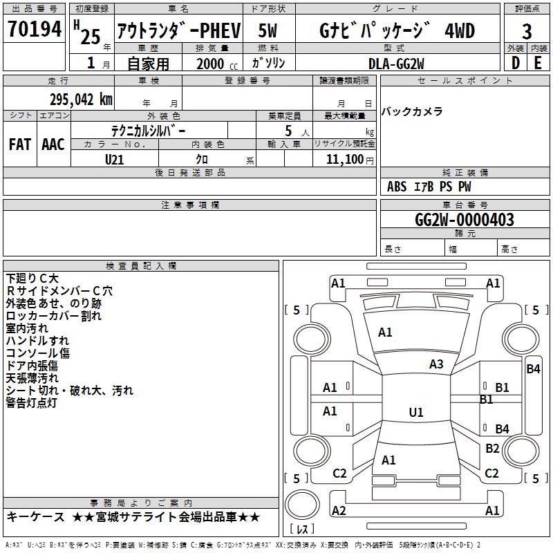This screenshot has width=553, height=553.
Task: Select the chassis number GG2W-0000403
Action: (x=465, y=220)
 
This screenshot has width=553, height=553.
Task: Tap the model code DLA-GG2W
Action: (x=396, y=64)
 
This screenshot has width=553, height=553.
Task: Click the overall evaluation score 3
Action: (x=527, y=32)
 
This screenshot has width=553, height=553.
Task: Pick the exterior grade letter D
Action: (x=515, y=64)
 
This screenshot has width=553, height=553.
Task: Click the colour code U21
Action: (x=115, y=159)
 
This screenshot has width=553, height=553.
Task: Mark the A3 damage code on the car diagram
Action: (x=436, y=364)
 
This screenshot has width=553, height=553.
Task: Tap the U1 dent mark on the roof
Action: (x=415, y=412)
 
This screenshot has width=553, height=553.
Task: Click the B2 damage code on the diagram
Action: (x=492, y=449)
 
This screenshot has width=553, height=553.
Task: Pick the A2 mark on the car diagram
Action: (x=339, y=510)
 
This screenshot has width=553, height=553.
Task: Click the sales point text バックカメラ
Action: (x=412, y=112)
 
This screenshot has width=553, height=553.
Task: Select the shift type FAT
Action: (x=19, y=144)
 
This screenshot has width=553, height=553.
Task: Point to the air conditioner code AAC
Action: (x=53, y=144)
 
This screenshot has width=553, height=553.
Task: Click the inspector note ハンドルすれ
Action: (x=37, y=341)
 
